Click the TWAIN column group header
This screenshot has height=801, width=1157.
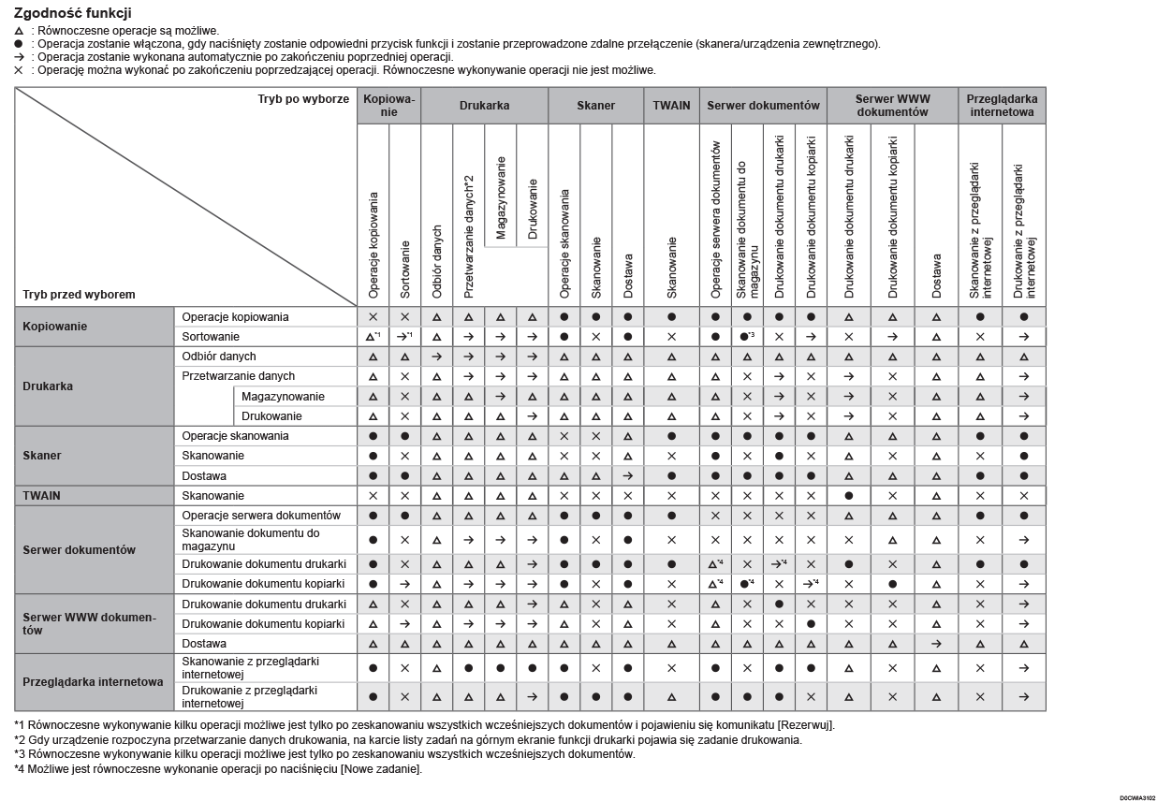(x=671, y=106)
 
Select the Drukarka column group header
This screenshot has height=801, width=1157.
(x=484, y=106)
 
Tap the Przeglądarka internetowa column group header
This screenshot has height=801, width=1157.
(x=1002, y=106)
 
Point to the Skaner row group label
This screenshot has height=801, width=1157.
(x=43, y=456)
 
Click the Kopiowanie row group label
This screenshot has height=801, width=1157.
(x=54, y=327)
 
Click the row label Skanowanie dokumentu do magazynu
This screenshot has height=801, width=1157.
(x=250, y=539)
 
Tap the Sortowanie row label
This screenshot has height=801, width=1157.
(x=211, y=337)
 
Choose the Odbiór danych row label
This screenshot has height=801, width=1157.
(x=219, y=357)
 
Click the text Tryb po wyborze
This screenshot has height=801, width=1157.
(x=303, y=99)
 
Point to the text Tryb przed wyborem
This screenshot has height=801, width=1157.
(x=79, y=295)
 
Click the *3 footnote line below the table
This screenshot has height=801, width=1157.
(x=324, y=754)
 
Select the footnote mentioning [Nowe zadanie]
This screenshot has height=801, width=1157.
(x=218, y=769)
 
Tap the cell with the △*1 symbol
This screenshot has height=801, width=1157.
(x=373, y=337)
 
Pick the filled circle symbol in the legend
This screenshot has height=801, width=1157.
(x=20, y=44)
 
